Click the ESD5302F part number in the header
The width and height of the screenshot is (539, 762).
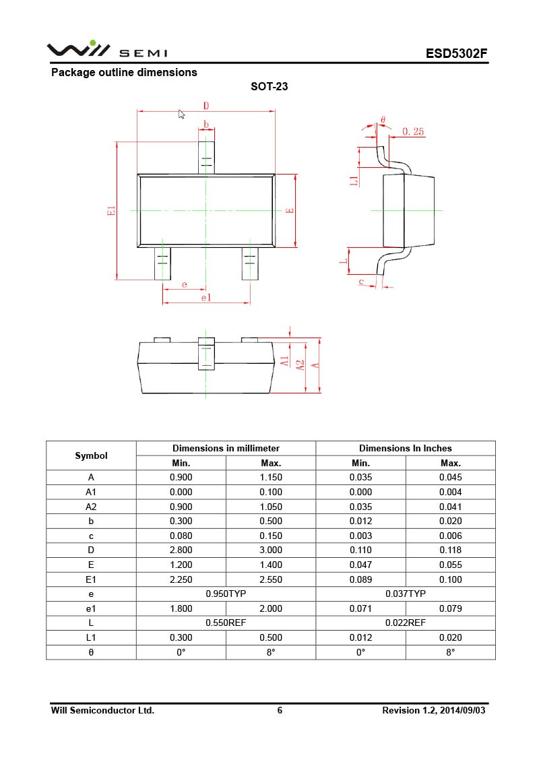[456, 53]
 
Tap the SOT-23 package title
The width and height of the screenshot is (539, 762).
[269, 86]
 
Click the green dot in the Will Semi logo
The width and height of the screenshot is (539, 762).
[93, 42]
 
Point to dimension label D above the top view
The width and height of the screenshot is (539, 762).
[206, 106]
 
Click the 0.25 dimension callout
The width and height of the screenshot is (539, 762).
[413, 132]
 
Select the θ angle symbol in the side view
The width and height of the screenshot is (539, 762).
[383, 120]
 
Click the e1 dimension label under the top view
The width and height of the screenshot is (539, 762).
[205, 298]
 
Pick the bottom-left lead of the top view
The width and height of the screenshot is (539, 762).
[162, 263]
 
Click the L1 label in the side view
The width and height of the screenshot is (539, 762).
[353, 180]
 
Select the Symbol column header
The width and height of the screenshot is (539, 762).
[91, 455]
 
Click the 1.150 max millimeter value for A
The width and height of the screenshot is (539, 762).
[271, 477]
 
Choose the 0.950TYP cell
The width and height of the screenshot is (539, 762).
[226, 594]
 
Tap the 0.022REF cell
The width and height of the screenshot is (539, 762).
[405, 623]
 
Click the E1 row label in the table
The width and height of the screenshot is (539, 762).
[91, 579]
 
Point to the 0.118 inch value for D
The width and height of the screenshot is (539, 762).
[450, 550]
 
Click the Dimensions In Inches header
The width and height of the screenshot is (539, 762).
[405, 448]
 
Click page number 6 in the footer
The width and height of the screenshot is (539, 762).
[280, 710]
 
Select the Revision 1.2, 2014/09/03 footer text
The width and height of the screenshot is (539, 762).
[433, 710]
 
